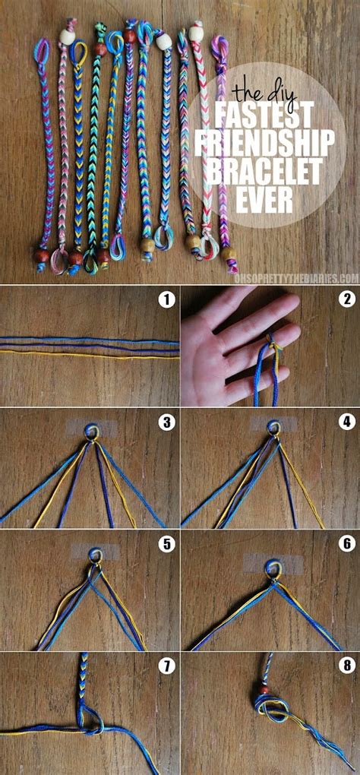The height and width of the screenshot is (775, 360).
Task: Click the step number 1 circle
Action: (x=166, y=299)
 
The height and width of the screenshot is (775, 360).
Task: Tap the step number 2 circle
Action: (x=347, y=299)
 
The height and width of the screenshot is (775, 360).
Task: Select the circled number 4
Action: (x=347, y=421)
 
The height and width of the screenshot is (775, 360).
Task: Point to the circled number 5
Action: (x=166, y=543)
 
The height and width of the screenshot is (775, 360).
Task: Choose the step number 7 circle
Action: (x=166, y=666)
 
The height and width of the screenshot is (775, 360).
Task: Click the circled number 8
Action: (x=347, y=666)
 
